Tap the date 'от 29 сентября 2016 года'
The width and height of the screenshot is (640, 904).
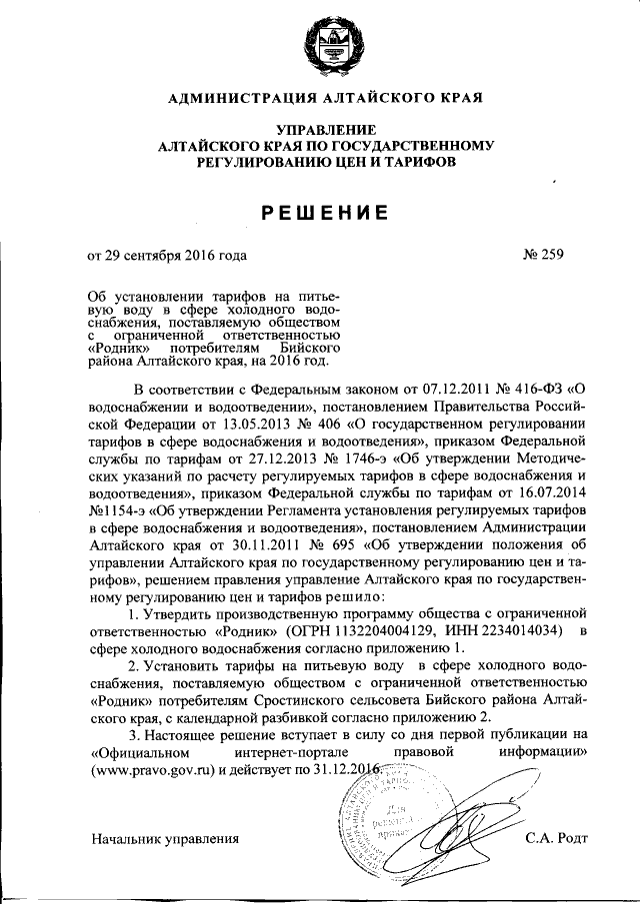[x=166, y=255]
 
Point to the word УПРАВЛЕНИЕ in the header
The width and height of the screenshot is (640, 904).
[x=327, y=130]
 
